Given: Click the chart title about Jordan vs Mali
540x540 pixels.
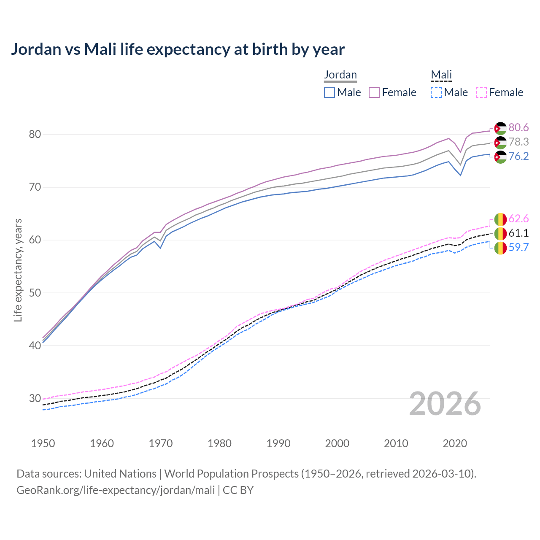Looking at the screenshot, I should point(178,49).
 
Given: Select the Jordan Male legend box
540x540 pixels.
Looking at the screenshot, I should point(329,92).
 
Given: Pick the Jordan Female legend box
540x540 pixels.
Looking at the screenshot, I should point(374,92).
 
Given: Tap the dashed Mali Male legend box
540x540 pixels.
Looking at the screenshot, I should point(436,92).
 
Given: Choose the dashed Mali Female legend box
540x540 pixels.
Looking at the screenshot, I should point(481,92).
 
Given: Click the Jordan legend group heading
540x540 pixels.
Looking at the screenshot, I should point(340,75).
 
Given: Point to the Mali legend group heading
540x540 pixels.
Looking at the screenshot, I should point(441,75).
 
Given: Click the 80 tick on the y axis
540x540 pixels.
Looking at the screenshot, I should point(35,135).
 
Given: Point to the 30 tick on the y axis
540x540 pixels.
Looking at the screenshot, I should point(35,398).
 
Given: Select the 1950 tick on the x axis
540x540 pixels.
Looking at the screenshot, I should point(43,443).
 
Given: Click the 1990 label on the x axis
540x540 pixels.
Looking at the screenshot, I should point(278,443).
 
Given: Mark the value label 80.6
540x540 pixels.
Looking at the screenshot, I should point(518,128).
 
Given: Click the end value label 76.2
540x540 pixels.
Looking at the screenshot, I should point(518,157).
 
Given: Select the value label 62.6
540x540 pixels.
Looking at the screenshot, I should point(518,219).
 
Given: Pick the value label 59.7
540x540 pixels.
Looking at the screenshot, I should point(518,248).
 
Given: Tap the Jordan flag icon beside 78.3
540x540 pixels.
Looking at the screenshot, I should point(500,143).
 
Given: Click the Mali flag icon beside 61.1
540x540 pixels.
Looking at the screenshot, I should point(500,233).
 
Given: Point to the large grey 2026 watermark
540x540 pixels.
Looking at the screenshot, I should point(445,404).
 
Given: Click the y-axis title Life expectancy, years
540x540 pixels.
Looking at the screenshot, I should point(18,270).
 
